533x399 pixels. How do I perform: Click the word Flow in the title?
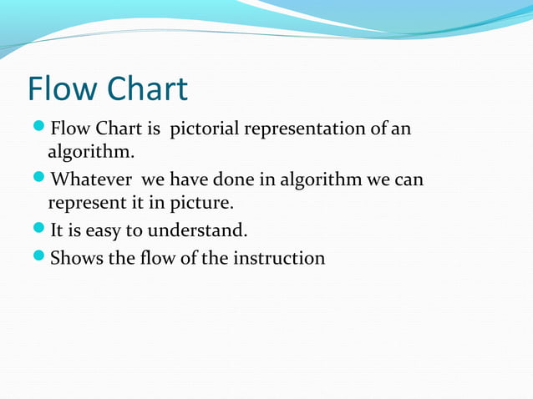(x=64, y=89)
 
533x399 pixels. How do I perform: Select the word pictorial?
(x=205, y=129)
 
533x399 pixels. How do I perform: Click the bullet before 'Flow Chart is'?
(x=39, y=129)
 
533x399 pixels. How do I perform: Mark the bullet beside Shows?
(x=39, y=257)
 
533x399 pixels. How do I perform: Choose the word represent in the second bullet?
(x=88, y=203)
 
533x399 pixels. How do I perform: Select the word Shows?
(x=78, y=258)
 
